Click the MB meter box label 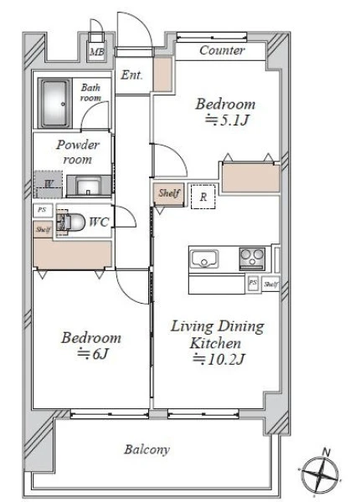click(96, 52)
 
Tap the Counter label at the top click(222, 50)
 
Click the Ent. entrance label click(131, 75)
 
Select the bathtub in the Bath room click(54, 103)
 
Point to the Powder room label click(78, 151)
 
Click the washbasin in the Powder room click(88, 187)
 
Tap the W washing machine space click(49, 184)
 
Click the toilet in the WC click(71, 222)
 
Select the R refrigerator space click(203, 197)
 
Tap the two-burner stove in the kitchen click(252, 259)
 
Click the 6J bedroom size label click(94, 354)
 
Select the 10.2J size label click(219, 359)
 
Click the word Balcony click(147, 450)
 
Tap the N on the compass click(326, 453)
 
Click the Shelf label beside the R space click(169, 193)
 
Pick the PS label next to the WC click(42, 210)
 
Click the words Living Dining click(218, 326)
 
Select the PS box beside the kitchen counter click(253, 284)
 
